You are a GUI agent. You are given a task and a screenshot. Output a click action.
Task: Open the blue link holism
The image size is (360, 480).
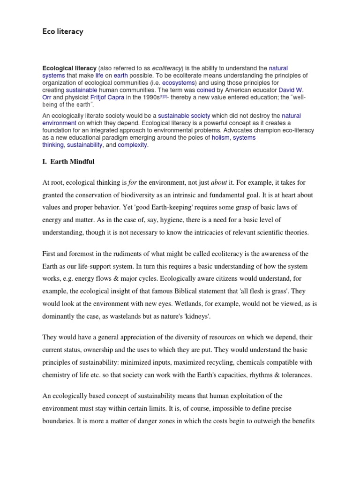[221, 138]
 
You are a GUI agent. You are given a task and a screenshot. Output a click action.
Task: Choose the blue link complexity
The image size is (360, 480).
[133, 145]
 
